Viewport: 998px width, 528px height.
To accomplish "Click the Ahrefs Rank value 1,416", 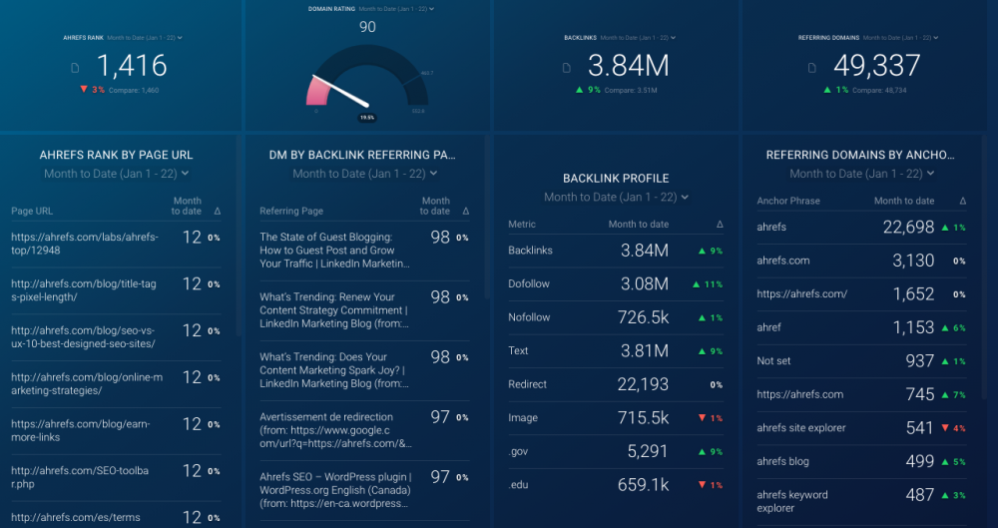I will pyautogui.click(x=132, y=66).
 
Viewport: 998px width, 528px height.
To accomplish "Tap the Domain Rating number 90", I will pyautogui.click(x=367, y=27).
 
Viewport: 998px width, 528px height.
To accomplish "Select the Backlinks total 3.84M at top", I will pyautogui.click(x=628, y=66).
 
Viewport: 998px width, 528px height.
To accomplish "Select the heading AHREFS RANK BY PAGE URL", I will pyautogui.click(x=116, y=155).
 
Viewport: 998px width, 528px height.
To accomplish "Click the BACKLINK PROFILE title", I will pyautogui.click(x=616, y=179).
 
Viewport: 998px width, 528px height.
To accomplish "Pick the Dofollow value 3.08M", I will pyautogui.click(x=644, y=284).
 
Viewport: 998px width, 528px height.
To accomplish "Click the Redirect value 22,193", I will pyautogui.click(x=643, y=384).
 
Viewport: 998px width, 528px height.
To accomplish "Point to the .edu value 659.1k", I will pyautogui.click(x=643, y=485).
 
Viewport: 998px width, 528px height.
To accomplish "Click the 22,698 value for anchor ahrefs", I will pyautogui.click(x=908, y=228).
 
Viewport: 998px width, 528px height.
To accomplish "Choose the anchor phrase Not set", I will pyautogui.click(x=773, y=360).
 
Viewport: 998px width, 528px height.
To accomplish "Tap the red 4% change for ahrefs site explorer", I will pyautogui.click(x=954, y=428).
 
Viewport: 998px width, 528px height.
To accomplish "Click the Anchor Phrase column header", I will pyautogui.click(x=788, y=201).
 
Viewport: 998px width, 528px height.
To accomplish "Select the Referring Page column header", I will pyautogui.click(x=291, y=212).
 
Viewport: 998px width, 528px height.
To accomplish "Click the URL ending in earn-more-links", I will pyautogui.click(x=80, y=430).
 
